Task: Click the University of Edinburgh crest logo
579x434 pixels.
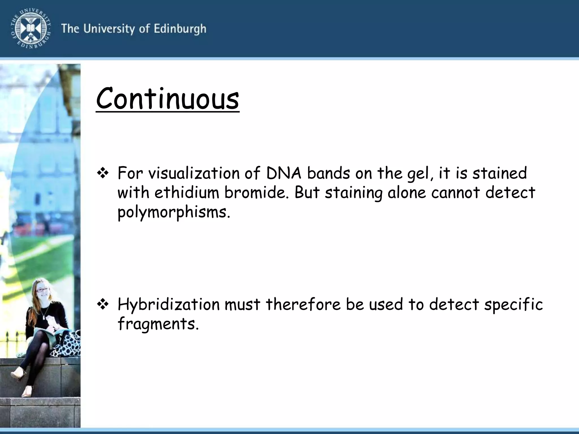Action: click(x=31, y=28)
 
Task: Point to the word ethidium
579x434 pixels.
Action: click(x=187, y=193)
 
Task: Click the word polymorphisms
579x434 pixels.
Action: click(x=174, y=212)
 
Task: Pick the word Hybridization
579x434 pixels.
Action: click(x=168, y=304)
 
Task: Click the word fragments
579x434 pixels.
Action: click(x=158, y=324)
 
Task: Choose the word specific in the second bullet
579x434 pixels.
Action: click(x=513, y=304)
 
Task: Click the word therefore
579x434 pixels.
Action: click(x=303, y=304)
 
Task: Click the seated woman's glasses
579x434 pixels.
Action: click(x=42, y=290)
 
